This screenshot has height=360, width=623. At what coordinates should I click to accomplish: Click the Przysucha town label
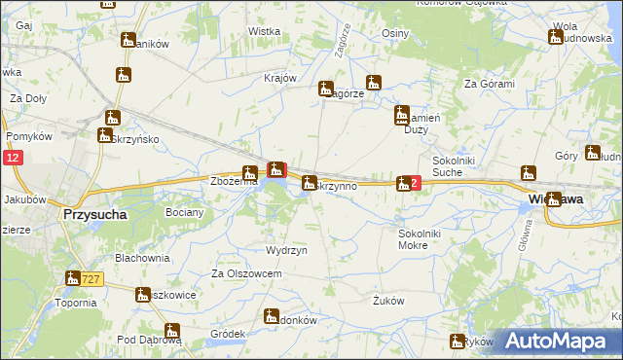pos(94,214)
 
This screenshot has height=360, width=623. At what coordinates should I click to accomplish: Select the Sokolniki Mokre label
pos(421,240)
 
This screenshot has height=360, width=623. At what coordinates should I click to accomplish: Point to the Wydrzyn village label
pos(286,250)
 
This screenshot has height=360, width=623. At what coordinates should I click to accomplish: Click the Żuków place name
pos(388,301)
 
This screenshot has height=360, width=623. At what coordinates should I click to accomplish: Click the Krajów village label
pos(279,79)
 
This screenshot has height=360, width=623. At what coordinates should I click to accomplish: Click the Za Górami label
pos(489,84)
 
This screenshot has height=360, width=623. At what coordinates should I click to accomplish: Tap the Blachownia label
pos(142,258)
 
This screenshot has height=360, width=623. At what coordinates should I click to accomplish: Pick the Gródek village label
pos(227,333)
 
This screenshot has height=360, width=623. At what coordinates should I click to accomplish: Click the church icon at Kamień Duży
pos(401,117)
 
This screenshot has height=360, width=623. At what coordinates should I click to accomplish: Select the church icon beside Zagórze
pos(326,89)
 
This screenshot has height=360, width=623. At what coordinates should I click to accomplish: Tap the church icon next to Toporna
pos(73,279)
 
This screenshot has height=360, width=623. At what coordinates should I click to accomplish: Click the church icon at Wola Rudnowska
pos(556,37)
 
